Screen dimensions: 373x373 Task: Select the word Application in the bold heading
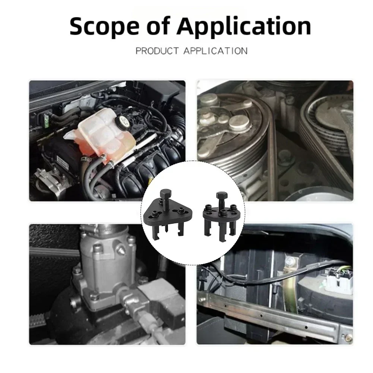244,27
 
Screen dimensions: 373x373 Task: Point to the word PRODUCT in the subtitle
157,51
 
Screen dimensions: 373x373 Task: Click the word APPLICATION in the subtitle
215,51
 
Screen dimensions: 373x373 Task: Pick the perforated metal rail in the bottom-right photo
274,316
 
